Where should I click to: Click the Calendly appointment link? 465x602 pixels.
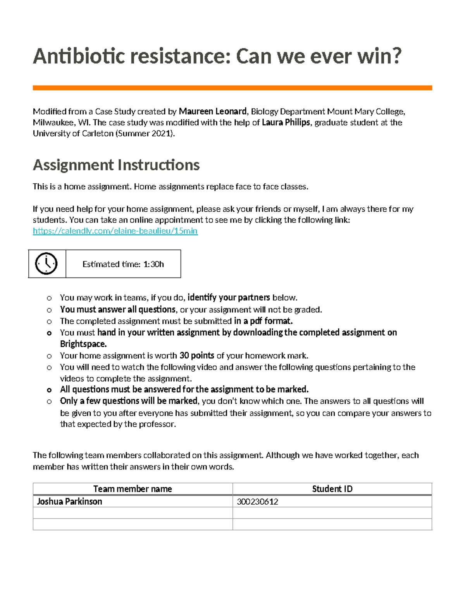pyautogui.click(x=115, y=231)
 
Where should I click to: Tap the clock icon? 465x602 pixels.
pyautogui.click(x=46, y=264)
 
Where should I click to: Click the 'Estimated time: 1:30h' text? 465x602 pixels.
pyautogui.click(x=123, y=264)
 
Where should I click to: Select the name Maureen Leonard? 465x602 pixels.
pyautogui.click(x=212, y=112)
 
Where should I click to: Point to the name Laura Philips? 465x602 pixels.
pyautogui.click(x=286, y=122)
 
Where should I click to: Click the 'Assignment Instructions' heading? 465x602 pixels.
pyautogui.click(x=116, y=165)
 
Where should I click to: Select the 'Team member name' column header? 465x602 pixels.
pyautogui.click(x=133, y=489)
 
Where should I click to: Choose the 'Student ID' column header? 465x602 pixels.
pyautogui.click(x=332, y=489)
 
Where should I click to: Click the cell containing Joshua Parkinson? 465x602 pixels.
pyautogui.click(x=69, y=502)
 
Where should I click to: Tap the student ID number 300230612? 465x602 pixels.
pyautogui.click(x=257, y=502)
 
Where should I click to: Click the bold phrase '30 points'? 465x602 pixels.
pyautogui.click(x=196, y=355)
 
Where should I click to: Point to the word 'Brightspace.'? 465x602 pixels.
pyautogui.click(x=83, y=344)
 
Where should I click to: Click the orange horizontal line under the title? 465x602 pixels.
pyautogui.click(x=232, y=88)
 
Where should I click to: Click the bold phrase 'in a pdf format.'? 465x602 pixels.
pyautogui.click(x=263, y=321)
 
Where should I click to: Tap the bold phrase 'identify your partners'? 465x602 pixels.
pyautogui.click(x=229, y=298)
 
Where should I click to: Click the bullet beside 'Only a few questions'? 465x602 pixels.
pyautogui.click(x=49, y=402)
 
